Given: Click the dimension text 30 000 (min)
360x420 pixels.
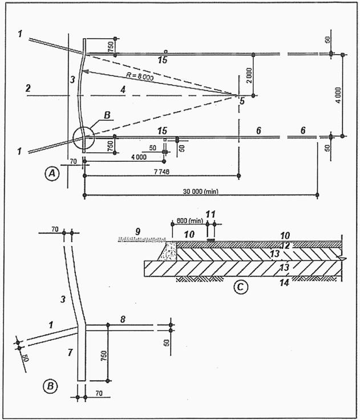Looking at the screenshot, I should pyautogui.click(x=202, y=191).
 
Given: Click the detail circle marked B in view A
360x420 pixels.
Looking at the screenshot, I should pyautogui.click(x=82, y=138).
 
